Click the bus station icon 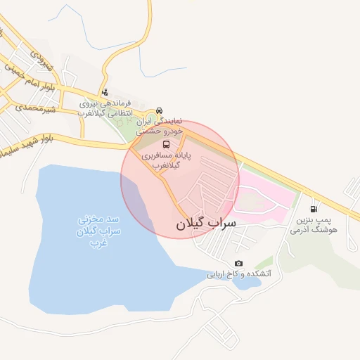(x=166, y=144)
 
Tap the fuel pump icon (x=313, y=208)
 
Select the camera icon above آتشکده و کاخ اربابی (x=238, y=263)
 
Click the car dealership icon (x=160, y=110)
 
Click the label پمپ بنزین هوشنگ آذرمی (x=314, y=225)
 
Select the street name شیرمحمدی (x=28, y=106)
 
